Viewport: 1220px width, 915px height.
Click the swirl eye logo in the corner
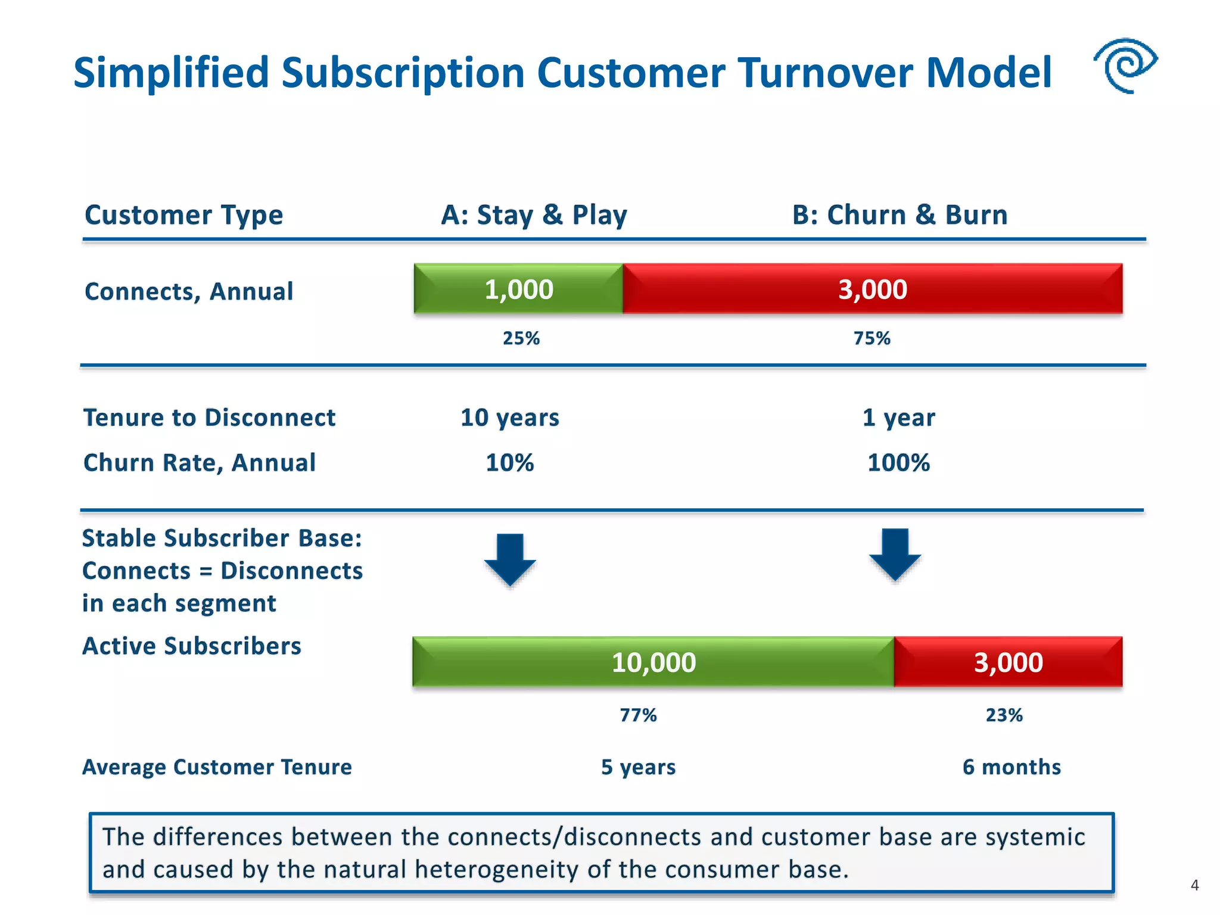1125,66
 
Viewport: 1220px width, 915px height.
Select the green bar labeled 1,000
518,289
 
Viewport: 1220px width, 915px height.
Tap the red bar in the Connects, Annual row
873,289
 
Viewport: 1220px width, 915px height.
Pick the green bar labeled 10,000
653,662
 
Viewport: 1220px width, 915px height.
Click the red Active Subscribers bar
1008,662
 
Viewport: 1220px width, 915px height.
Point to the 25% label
521,338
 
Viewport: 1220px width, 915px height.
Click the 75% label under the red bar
872,338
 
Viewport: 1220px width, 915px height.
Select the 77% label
638,715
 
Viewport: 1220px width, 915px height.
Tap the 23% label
1004,715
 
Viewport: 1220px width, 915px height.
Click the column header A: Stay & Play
534,215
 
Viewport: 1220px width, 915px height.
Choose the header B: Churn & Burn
900,215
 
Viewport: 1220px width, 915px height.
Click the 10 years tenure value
510,418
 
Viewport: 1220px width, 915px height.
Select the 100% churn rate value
898,463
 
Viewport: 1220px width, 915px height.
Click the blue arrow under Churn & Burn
895,554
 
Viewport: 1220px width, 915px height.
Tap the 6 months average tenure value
1012,767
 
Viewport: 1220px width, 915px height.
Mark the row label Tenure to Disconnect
209,418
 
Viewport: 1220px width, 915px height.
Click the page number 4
1194,885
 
